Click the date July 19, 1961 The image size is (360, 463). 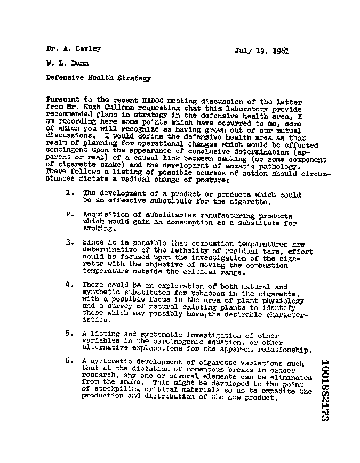pyautogui.click(x=262, y=52)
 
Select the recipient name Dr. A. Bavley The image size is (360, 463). pyautogui.click(x=73, y=49)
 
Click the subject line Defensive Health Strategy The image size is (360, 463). pyautogui.click(x=98, y=78)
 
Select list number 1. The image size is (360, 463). pyautogui.click(x=69, y=193)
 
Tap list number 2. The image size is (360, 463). pyautogui.click(x=69, y=214)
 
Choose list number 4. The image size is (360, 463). pyautogui.click(x=69, y=284)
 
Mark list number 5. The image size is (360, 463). pyautogui.click(x=69, y=334)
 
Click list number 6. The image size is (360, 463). pyautogui.click(x=69, y=361)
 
